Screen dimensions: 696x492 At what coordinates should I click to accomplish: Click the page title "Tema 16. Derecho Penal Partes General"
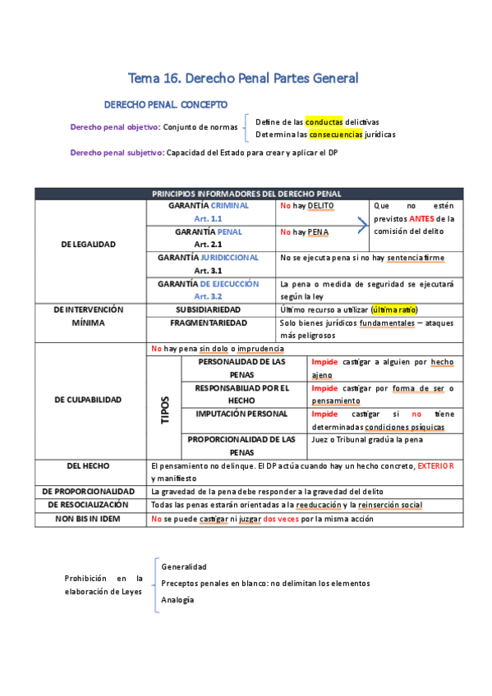[244, 79]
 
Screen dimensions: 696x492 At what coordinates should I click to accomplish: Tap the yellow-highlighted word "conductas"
[324, 121]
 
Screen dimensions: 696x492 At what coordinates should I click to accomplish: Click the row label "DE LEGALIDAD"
[89, 244]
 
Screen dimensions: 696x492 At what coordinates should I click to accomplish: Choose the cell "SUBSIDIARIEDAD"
[212, 309]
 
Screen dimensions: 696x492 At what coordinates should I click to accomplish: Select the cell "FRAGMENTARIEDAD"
[212, 323]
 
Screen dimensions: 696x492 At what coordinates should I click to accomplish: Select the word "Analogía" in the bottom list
[177, 600]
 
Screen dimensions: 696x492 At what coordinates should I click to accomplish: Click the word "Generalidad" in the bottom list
[184, 566]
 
